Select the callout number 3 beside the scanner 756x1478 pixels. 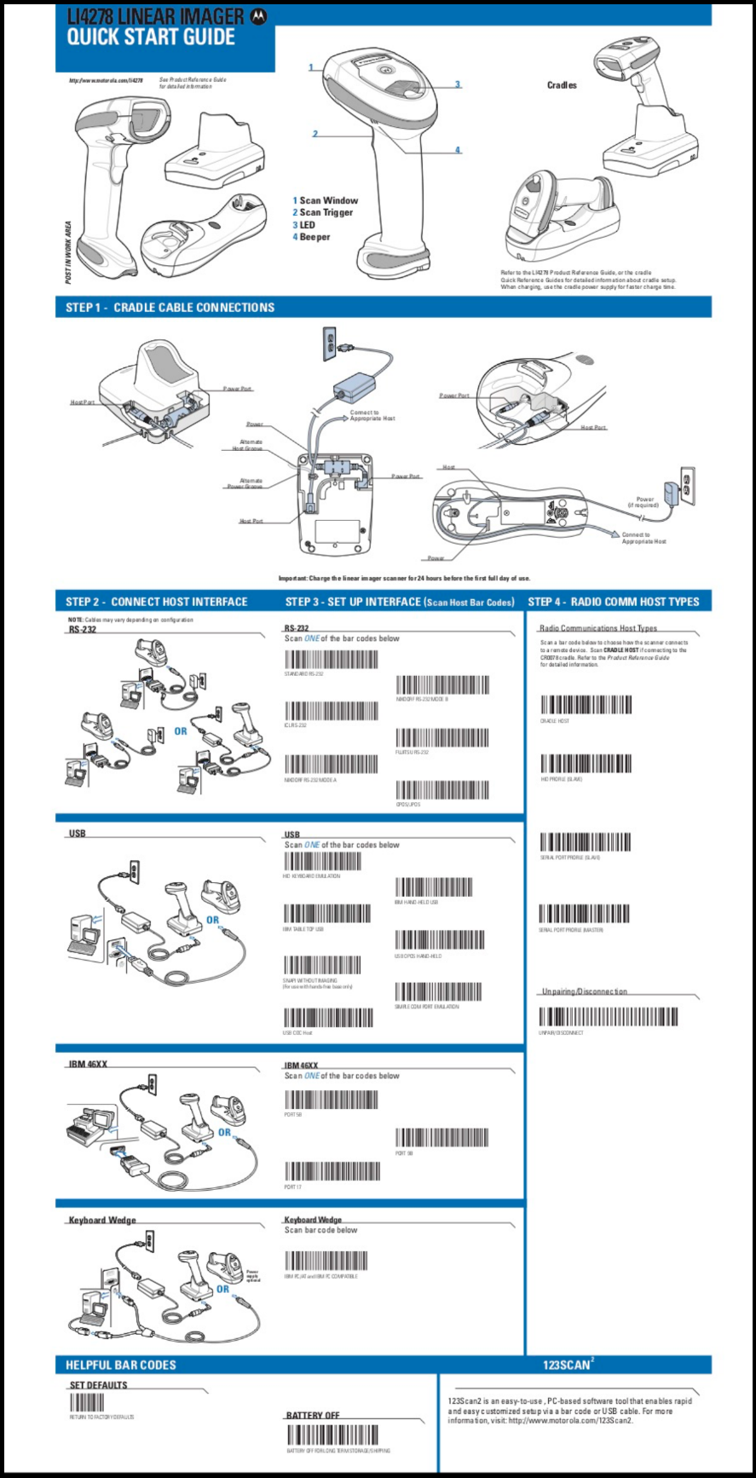tap(458, 84)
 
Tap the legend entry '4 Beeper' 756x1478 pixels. tap(312, 237)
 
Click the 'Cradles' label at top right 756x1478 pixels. tap(562, 85)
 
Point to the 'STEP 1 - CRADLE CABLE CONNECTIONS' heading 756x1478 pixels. tap(170, 307)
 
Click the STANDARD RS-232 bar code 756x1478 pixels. tap(331, 660)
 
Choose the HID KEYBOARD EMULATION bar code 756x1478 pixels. tap(322, 861)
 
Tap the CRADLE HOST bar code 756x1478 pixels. tap(586, 705)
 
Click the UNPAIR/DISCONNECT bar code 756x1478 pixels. tap(609, 1017)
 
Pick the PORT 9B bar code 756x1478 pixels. tap(441, 1137)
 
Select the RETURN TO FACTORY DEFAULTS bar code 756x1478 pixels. tap(87, 1402)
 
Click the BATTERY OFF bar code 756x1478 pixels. tap(333, 1435)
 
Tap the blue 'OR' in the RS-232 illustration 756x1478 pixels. tap(181, 731)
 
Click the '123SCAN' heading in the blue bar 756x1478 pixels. tap(567, 1365)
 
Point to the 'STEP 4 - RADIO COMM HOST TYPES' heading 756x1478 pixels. tap(614, 602)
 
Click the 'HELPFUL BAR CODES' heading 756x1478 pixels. tap(121, 1365)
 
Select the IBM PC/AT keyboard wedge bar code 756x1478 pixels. tap(326, 1261)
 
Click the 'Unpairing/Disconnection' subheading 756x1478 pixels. tap(585, 991)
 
